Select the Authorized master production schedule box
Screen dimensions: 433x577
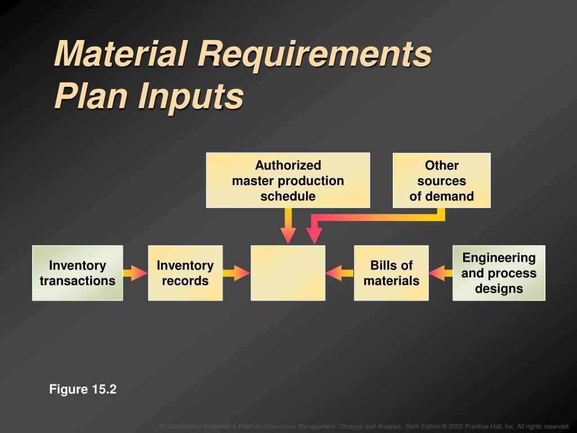[288, 180]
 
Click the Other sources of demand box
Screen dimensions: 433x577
[441, 180]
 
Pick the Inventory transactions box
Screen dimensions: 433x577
[77, 273]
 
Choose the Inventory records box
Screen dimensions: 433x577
[185, 273]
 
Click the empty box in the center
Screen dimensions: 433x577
[288, 273]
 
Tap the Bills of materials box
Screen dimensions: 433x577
[391, 273]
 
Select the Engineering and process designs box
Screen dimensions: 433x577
[499, 273]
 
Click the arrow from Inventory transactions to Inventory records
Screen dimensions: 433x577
[135, 273]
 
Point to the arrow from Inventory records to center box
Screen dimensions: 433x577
[236, 273]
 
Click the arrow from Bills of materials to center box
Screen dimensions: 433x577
[340, 273]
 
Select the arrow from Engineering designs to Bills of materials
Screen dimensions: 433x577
[441, 273]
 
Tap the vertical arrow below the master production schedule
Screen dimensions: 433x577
[288, 226]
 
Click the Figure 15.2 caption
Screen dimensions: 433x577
[82, 389]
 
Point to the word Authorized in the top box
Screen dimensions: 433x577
[288, 165]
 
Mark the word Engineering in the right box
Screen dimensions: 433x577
[499, 258]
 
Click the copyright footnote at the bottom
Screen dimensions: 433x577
[364, 426]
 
